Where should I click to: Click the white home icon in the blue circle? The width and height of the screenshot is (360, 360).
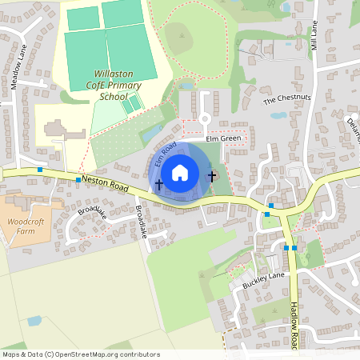[180, 172]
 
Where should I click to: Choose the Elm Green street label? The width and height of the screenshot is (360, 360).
[223, 138]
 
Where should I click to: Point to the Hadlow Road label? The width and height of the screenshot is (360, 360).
[294, 326]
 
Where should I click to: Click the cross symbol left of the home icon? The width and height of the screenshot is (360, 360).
[158, 185]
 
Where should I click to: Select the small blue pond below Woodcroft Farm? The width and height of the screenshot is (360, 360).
[34, 321]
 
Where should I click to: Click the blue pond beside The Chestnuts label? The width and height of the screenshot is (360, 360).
[279, 114]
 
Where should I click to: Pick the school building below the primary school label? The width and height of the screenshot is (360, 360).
[56, 129]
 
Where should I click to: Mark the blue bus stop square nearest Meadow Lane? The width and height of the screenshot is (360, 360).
[40, 170]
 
